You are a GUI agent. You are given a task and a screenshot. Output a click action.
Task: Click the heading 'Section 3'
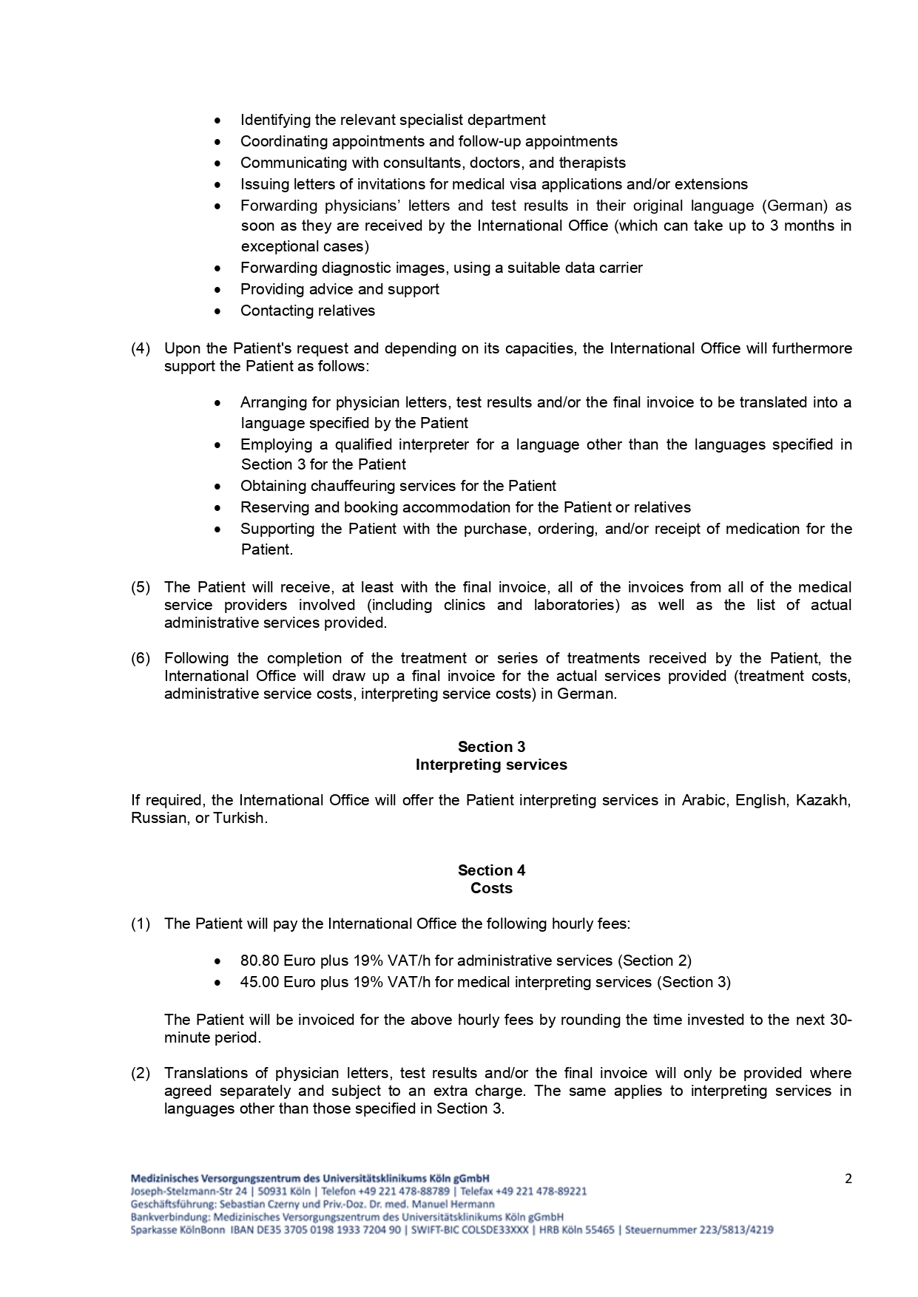click(x=491, y=747)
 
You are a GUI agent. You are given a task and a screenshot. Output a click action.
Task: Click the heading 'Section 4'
click(x=491, y=870)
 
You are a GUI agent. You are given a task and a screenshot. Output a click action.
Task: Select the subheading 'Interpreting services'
click(x=491, y=765)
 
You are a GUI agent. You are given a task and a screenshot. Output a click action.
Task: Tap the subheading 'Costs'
click(x=491, y=888)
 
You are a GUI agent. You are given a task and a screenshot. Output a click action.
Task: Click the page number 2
click(x=848, y=1179)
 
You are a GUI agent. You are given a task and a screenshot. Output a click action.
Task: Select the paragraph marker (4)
click(x=141, y=348)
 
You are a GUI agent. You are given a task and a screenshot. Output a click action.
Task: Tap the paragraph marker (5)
click(x=141, y=587)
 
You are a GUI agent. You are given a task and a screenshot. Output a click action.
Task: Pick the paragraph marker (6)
click(x=141, y=658)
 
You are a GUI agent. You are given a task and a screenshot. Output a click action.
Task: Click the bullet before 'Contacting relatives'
click(x=217, y=311)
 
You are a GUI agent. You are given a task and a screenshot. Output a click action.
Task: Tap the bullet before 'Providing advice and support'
click(x=217, y=290)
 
